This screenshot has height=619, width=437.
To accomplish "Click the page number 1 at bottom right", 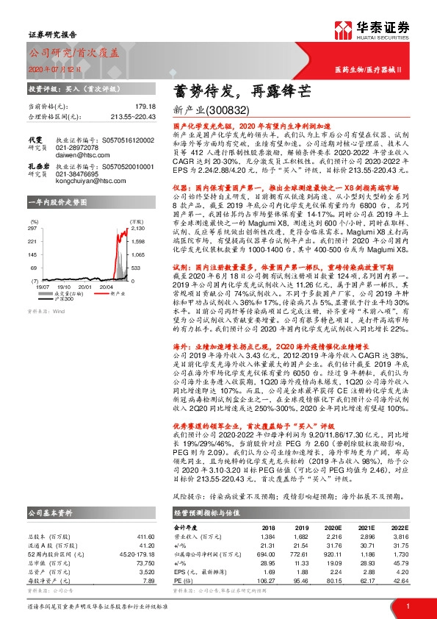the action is [407, 607].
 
